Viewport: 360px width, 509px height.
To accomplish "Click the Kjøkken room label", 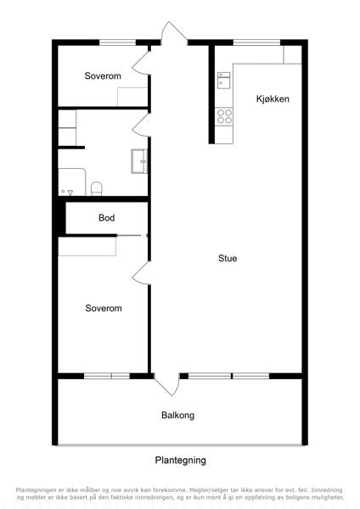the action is tap(273, 98).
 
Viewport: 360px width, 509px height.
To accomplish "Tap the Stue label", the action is tap(228, 259).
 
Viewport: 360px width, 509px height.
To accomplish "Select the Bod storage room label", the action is tap(107, 217).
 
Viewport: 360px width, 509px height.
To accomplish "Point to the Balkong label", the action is tap(178, 415).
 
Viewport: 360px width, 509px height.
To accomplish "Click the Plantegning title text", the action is tap(180, 461).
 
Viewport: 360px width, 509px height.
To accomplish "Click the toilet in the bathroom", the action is tap(97, 188).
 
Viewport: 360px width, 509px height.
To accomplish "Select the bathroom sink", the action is tap(139, 161).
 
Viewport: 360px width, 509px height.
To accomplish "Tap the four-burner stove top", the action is tap(224, 116).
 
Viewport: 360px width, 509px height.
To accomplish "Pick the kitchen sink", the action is tap(224, 81).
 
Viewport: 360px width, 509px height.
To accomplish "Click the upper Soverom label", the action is tap(103, 76).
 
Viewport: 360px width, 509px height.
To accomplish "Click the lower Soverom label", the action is tap(104, 308).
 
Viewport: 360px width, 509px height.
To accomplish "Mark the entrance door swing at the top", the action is tap(173, 33).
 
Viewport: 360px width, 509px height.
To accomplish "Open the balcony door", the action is tap(167, 384).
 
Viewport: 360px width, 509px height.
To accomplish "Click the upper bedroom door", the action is tap(140, 63).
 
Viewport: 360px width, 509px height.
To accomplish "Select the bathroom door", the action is tap(141, 125).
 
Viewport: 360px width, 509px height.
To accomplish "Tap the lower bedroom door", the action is tap(141, 273).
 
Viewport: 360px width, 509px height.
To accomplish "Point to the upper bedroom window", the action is tap(117, 42).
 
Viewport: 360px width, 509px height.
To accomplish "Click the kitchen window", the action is tap(256, 42).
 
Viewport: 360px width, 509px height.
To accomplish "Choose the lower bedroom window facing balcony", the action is tap(107, 376).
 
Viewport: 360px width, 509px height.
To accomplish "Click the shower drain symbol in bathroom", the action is tap(70, 193).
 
